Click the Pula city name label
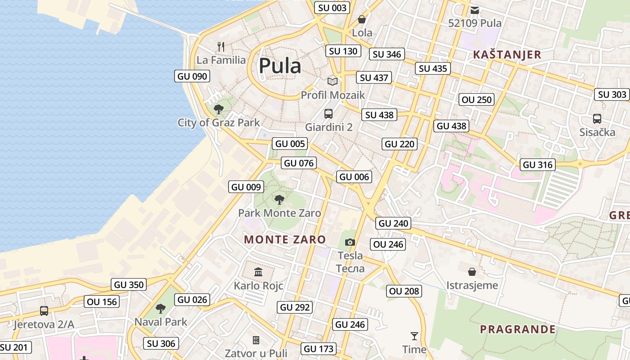point(280,66)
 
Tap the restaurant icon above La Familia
point(221,46)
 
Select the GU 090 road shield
point(193,76)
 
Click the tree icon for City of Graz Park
point(219,109)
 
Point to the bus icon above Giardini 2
point(328,114)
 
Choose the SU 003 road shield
point(333,8)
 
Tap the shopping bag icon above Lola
point(362,19)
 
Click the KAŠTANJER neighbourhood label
point(507,55)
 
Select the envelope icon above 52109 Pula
point(475,10)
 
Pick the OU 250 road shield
point(477,100)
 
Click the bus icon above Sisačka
point(597,119)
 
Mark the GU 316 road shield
point(538,165)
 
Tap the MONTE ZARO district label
point(285,239)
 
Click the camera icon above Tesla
point(350,243)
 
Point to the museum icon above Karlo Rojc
point(258,272)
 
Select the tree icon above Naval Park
point(161,309)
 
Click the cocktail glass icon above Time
point(414,336)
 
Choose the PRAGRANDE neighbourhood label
point(517,329)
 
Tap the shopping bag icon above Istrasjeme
point(472,272)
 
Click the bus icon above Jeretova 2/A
point(44,311)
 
